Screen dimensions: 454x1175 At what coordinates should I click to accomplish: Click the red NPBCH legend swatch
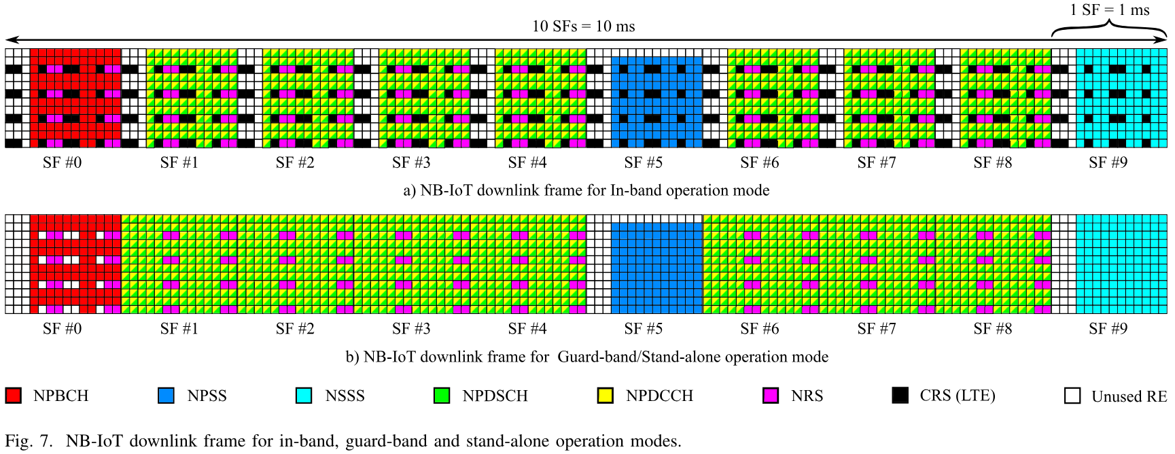click(13, 396)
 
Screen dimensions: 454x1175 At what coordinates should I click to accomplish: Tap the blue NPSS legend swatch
click(166, 396)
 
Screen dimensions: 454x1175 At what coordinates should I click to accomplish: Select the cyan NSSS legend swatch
click(304, 396)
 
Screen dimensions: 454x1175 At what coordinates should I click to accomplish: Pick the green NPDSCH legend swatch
click(442, 396)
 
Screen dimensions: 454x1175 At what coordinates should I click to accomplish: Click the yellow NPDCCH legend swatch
click(605, 396)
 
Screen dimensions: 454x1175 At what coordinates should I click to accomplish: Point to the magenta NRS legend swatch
click(771, 396)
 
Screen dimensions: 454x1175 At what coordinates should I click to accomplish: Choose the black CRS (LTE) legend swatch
click(900, 396)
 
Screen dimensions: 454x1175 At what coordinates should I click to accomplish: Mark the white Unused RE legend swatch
click(1072, 396)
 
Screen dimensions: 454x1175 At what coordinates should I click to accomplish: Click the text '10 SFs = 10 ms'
click(583, 27)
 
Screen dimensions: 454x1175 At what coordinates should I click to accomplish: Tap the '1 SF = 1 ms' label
click(1109, 10)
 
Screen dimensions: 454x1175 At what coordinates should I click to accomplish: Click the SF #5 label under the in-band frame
click(643, 162)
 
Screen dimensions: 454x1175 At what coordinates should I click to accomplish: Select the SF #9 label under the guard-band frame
click(1108, 329)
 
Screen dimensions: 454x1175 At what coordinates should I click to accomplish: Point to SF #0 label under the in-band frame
click(62, 162)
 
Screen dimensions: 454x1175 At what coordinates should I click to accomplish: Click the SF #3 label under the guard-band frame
click(411, 329)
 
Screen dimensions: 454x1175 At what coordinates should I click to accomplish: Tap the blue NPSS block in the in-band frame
click(656, 98)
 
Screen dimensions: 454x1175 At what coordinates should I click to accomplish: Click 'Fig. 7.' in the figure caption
click(28, 441)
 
